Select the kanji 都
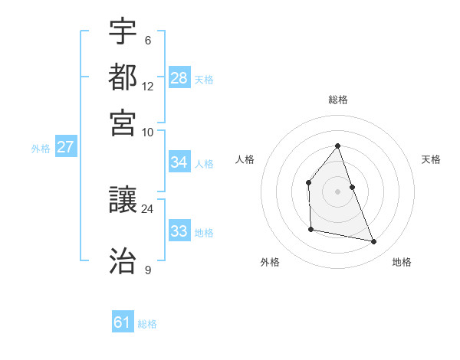(x=123, y=78)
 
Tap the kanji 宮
(x=123, y=123)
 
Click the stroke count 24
(x=147, y=208)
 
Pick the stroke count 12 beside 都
(x=147, y=87)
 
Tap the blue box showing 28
(x=179, y=78)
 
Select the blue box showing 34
(x=179, y=162)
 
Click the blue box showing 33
(x=179, y=231)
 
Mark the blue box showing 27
(x=65, y=147)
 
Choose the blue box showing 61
(x=123, y=322)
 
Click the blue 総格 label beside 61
(x=147, y=324)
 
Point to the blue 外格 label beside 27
(x=41, y=149)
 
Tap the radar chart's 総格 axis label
(x=338, y=100)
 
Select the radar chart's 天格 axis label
(x=431, y=159)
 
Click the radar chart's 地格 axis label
(x=402, y=262)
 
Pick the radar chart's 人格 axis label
(x=245, y=159)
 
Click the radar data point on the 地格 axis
(x=374, y=242)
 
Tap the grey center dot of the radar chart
(x=338, y=191)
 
